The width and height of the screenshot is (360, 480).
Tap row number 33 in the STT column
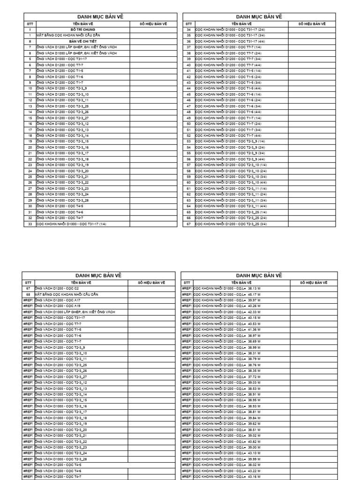pos(30,224)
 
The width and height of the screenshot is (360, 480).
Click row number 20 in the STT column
pos(30,147)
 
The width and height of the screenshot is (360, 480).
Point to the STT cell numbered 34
pos(188,29)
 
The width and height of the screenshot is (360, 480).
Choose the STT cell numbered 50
pos(188,124)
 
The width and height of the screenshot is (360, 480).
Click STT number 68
pos(30,294)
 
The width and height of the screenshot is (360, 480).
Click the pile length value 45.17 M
pos(254,294)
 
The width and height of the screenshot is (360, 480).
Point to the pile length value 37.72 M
pos(254,376)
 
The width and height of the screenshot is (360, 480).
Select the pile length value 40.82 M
pos(254,441)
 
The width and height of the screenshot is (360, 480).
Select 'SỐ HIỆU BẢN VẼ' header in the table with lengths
pos(314,283)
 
